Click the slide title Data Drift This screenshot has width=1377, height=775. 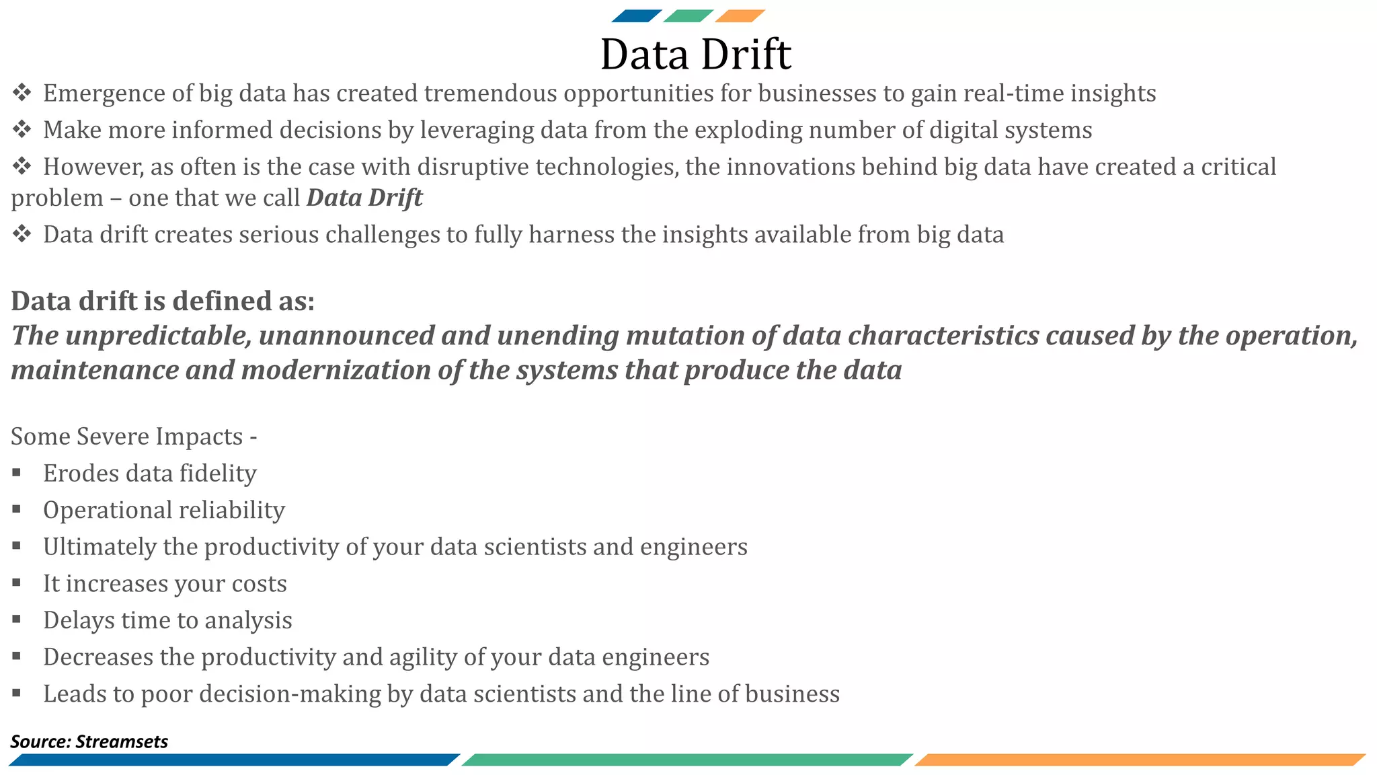(x=695, y=54)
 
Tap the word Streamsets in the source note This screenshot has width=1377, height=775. (x=122, y=741)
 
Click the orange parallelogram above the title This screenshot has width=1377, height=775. (x=740, y=16)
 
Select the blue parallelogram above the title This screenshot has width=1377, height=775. (x=636, y=16)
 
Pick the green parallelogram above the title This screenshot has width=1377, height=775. (x=688, y=16)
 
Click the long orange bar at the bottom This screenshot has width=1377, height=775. (x=1140, y=760)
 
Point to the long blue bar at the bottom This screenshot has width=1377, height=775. (x=234, y=760)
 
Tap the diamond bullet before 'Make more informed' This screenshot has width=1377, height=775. (x=22, y=129)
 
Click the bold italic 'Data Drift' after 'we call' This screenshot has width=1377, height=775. (x=364, y=198)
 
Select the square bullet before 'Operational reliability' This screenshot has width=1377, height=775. (x=16, y=509)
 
